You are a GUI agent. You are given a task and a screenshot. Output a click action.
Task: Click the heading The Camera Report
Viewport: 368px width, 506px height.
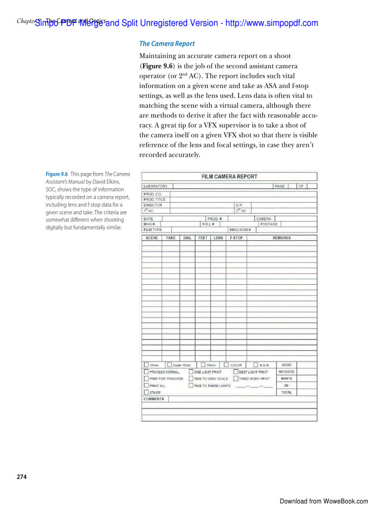(x=167, y=44)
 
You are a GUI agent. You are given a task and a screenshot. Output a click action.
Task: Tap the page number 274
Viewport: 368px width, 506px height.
(x=22, y=477)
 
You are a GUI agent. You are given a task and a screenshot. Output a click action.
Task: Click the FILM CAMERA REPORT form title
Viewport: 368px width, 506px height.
(x=229, y=177)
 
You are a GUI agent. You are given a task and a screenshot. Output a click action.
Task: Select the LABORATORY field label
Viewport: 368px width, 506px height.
(x=155, y=186)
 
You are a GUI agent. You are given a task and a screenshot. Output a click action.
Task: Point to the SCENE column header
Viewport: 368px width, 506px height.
(x=152, y=238)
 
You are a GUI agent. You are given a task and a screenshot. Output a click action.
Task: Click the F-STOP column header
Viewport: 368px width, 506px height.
(x=236, y=238)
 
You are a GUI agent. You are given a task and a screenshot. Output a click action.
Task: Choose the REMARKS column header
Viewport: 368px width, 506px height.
(x=281, y=238)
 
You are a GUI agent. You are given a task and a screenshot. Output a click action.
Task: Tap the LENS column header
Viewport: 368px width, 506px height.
(x=218, y=238)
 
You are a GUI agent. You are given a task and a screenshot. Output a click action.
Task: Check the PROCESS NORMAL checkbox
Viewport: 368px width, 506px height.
(x=146, y=372)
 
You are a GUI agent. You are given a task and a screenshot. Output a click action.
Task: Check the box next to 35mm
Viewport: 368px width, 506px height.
(x=203, y=365)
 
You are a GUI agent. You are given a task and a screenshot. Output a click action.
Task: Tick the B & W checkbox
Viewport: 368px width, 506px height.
(x=256, y=365)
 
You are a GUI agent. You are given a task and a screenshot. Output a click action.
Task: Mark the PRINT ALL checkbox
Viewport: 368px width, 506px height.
(x=146, y=386)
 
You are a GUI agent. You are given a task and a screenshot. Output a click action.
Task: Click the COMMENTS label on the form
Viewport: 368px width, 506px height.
(x=154, y=399)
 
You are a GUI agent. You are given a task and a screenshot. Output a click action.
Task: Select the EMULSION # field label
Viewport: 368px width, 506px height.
(x=240, y=230)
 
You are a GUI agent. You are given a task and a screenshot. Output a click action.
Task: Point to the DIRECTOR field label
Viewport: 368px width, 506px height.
(x=152, y=205)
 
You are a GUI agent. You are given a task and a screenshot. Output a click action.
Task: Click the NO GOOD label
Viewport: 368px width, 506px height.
(x=286, y=372)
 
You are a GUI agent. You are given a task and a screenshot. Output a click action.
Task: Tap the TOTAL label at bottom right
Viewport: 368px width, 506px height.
(x=286, y=392)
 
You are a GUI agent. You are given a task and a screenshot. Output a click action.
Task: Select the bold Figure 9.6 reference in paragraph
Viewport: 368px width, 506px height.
(x=156, y=66)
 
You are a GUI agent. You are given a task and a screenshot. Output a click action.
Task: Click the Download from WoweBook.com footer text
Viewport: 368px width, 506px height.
(x=323, y=501)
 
